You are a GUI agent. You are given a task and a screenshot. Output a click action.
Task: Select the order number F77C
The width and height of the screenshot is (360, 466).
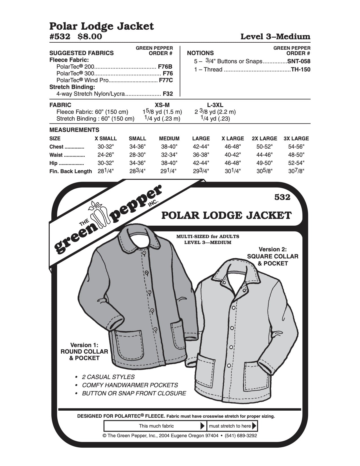coord(165,80)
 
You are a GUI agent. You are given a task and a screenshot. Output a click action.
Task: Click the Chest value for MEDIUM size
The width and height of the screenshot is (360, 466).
coord(169,147)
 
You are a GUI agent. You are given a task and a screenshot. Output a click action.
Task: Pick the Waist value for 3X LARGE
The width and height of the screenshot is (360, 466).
coord(296,155)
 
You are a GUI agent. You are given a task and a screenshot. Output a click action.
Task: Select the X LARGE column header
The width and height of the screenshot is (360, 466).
coord(233,139)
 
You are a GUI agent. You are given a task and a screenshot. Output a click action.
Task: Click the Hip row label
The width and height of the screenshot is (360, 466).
coord(53,163)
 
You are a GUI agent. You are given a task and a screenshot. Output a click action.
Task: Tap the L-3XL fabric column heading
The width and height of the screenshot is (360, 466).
coord(215,105)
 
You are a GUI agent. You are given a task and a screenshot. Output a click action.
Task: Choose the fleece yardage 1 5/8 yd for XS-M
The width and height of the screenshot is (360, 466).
coord(162,112)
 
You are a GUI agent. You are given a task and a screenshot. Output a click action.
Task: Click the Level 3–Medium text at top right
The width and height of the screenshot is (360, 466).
coord(275,37)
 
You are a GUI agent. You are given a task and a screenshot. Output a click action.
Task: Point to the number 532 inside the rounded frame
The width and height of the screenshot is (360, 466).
coord(282,197)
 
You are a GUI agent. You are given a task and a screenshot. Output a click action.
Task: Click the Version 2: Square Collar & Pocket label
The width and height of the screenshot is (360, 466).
coord(272,256)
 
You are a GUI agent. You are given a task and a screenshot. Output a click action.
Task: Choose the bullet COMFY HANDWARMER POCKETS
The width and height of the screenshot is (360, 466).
coord(130,385)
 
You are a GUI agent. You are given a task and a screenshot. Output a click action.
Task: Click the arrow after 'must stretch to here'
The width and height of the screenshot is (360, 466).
coord(254,426)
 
